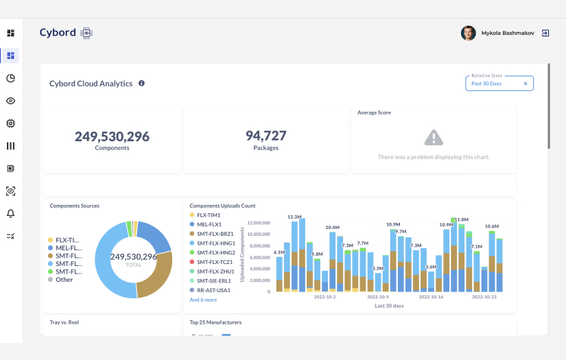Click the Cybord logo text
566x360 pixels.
57,33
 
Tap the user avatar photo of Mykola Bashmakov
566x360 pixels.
468,33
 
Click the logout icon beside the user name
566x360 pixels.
545,33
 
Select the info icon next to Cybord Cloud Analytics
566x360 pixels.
142,83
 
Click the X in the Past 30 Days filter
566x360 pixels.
526,84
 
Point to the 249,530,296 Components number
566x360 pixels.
112,136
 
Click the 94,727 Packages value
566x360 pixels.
266,136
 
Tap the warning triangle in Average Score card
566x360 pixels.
434,138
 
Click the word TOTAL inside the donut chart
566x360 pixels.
134,265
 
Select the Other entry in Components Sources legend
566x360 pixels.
64,280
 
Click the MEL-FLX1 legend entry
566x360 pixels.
209,224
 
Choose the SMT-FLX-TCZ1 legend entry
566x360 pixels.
215,262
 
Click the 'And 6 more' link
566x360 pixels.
203,300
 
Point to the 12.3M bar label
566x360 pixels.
295,217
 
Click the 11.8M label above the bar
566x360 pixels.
461,219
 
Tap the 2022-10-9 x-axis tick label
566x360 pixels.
378,298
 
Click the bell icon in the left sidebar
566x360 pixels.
10,213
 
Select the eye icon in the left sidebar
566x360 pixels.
10,101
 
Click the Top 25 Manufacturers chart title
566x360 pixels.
215,322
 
